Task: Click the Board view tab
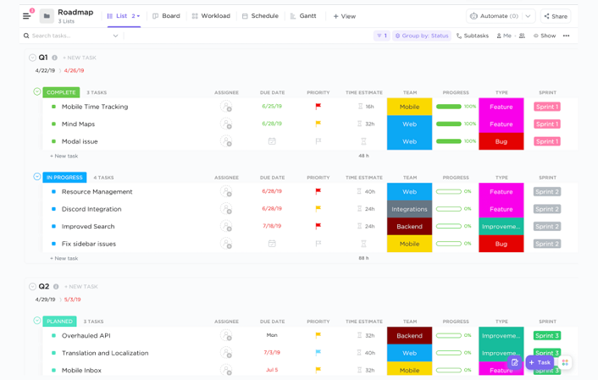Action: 166,16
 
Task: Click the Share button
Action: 556,16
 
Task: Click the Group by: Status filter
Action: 421,36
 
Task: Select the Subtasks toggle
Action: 472,36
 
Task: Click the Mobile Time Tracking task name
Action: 95,107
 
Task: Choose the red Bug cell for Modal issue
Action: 501,141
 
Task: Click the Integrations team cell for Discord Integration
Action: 409,209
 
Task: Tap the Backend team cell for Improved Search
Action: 409,226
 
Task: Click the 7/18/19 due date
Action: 272,226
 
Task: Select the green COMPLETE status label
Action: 61,92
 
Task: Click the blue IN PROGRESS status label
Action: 64,178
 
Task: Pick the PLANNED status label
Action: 59,322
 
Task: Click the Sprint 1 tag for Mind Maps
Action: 546,124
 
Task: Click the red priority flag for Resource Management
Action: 318,192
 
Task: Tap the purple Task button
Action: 540,362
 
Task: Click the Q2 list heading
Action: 44,286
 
